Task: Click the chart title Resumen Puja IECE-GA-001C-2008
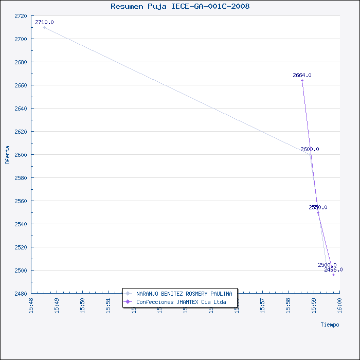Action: pos(180,7)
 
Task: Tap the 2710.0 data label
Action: pos(44,23)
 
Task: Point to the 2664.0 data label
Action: pos(302,76)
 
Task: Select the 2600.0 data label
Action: pos(310,150)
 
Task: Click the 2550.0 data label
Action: pos(318,208)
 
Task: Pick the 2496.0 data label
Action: pos(333,270)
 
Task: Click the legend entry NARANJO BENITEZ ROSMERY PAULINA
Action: pos(184,294)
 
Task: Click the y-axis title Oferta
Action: pos(7,154)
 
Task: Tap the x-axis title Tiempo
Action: pos(330,325)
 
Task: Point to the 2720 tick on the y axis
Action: pos(21,16)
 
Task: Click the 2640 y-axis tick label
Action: pos(21,109)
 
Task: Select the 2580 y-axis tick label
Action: pos(21,178)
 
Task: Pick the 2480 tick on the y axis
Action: pos(21,294)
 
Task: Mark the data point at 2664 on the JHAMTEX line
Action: pos(302,80)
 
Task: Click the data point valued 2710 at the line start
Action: pos(44,27)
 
